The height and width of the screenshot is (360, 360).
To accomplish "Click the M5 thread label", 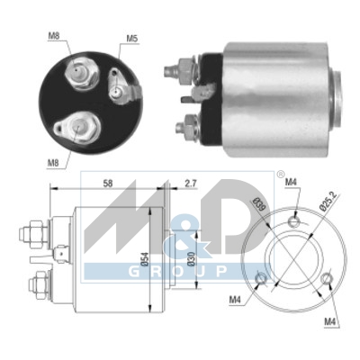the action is [x=132, y=39].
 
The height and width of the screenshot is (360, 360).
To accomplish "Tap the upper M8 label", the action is [x=54, y=36].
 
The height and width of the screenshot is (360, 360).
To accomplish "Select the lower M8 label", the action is [x=53, y=163].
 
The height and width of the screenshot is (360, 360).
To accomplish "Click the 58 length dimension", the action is [x=108, y=184].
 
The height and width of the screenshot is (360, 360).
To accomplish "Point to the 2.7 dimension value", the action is [x=190, y=184].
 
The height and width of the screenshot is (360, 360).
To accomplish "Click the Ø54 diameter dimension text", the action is [x=145, y=259].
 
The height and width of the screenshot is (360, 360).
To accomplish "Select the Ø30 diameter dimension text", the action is [x=191, y=259].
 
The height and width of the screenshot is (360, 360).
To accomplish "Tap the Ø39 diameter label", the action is [x=258, y=204].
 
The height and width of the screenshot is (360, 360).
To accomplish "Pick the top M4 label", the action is [x=291, y=182].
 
